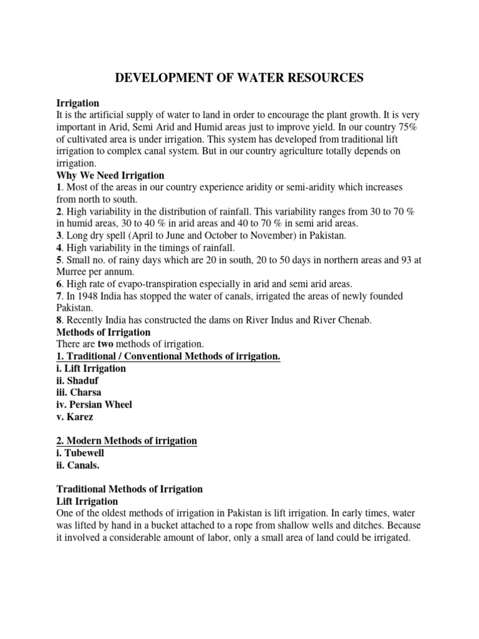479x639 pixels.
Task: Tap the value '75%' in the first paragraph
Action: click(409, 127)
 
